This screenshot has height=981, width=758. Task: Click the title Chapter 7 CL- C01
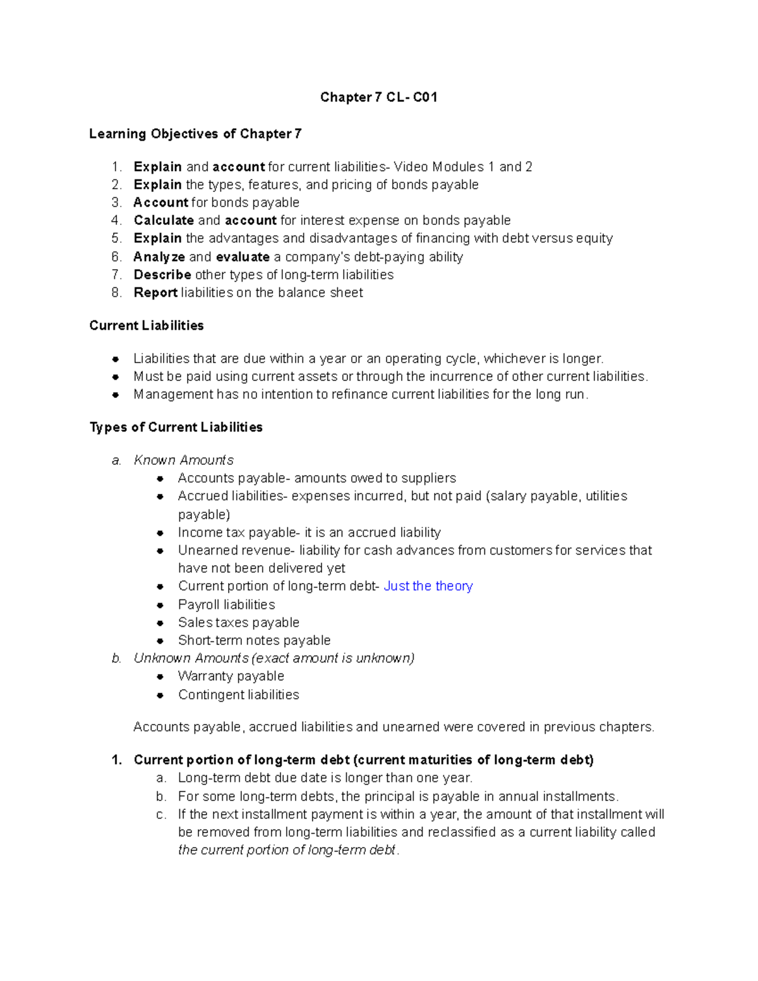(x=378, y=97)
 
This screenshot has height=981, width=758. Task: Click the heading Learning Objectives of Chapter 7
(x=195, y=134)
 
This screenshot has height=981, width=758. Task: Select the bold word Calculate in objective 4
(x=164, y=220)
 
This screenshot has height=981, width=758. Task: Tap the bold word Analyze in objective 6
(x=159, y=257)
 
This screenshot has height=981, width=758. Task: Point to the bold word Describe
(x=162, y=275)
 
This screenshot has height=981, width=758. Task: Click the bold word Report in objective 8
(x=155, y=292)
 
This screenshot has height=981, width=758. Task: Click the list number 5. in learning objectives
(x=116, y=239)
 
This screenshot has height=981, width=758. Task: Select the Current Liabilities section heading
(x=147, y=325)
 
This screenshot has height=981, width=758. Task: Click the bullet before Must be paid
(x=116, y=377)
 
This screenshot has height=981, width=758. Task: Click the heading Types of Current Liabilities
(x=176, y=428)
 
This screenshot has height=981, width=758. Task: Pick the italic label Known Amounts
(x=183, y=460)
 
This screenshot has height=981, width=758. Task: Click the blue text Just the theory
(x=428, y=586)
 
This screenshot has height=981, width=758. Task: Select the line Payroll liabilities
(x=226, y=605)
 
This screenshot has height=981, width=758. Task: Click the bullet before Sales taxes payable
(x=160, y=623)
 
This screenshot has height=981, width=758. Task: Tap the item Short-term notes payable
(x=254, y=641)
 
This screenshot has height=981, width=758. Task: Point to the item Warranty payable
(x=231, y=677)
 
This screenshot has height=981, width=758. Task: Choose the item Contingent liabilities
(x=238, y=695)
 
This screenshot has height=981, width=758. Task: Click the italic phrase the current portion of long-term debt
(x=287, y=850)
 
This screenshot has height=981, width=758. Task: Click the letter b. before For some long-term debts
(x=161, y=797)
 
